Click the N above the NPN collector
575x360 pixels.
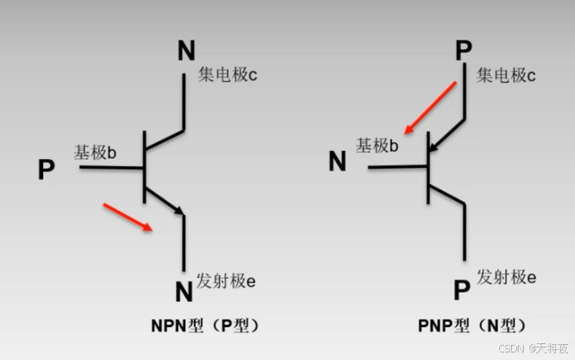pyautogui.click(x=186, y=51)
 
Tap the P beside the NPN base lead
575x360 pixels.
pyautogui.click(x=46, y=169)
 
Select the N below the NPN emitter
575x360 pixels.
pyautogui.click(x=184, y=292)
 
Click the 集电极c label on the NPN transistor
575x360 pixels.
pyautogui.click(x=228, y=75)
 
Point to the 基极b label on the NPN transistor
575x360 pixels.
pyautogui.click(x=94, y=153)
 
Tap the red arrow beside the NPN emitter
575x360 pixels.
pyautogui.click(x=127, y=216)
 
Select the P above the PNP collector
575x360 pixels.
pyautogui.click(x=463, y=51)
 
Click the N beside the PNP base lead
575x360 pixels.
pyautogui.click(x=337, y=160)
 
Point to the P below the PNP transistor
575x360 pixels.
pyautogui.click(x=461, y=291)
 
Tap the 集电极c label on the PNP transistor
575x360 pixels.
pyautogui.click(x=506, y=76)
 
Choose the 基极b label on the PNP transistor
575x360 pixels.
pyautogui.click(x=377, y=146)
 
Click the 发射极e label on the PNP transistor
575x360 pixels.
pyautogui.click(x=507, y=276)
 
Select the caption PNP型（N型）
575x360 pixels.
pyautogui.click(x=472, y=325)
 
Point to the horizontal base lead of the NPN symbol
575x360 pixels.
pyautogui.click(x=111, y=167)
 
